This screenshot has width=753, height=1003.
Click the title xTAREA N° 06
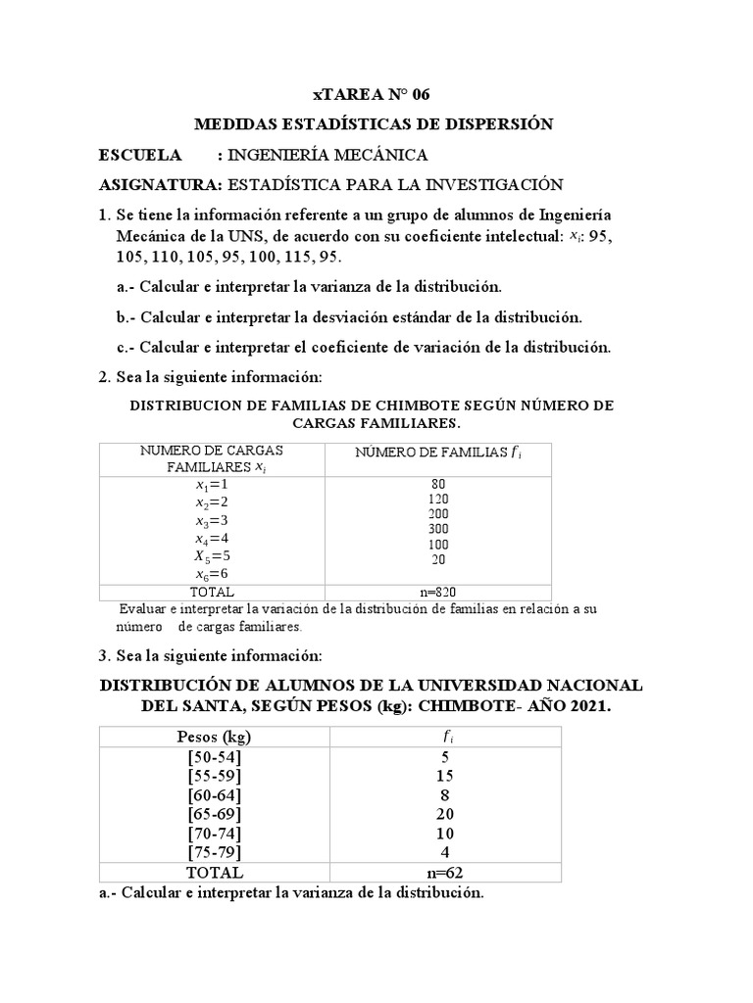371,95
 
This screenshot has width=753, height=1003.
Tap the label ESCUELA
141,155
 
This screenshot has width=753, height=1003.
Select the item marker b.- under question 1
126,317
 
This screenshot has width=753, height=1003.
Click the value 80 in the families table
438,485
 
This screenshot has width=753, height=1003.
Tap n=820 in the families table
437,592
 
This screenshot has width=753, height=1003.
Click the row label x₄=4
211,538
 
